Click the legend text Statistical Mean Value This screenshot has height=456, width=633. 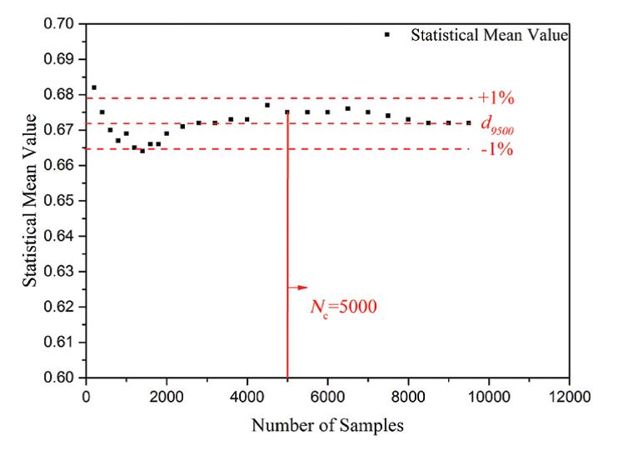coord(490,35)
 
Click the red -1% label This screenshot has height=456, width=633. coord(496,150)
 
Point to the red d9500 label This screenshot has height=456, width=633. coord(496,124)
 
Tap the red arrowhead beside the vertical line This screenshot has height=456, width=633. coord(302,288)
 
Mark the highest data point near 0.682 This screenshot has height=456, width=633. coord(94,88)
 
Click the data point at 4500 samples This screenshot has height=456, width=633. coord(267,105)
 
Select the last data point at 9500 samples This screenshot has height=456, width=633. coord(469,123)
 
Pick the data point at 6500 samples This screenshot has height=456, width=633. coord(348,108)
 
